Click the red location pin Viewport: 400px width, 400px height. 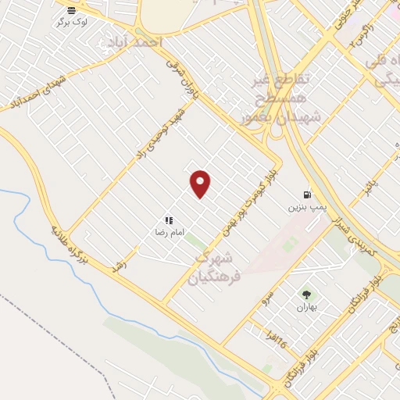(x=201, y=184)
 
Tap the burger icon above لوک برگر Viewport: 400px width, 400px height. (x=72, y=10)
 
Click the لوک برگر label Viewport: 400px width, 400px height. (x=72, y=22)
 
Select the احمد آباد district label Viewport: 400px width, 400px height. (x=151, y=39)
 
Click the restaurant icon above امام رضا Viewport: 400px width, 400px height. (x=168, y=221)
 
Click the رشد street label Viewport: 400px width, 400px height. (x=120, y=266)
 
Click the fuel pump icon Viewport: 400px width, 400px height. (x=306, y=195)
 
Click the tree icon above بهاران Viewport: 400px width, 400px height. (x=306, y=295)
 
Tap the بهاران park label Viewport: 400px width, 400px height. (x=305, y=307)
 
